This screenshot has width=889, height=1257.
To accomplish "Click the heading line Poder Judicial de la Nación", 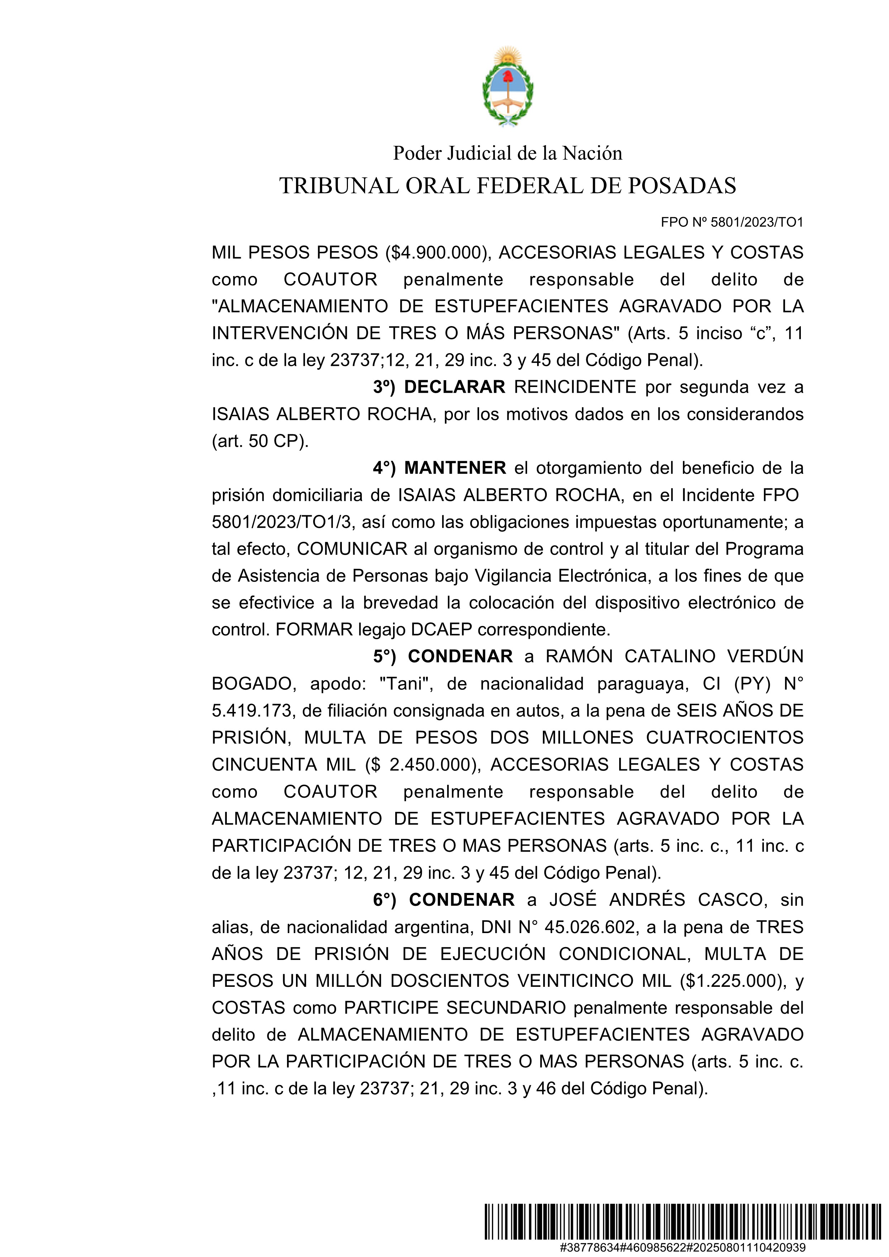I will click(507, 153).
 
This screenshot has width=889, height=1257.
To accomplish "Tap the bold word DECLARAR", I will click(454, 387).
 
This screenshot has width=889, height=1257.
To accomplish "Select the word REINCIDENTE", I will click(575, 387).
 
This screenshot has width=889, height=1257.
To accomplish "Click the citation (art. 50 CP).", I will click(260, 441).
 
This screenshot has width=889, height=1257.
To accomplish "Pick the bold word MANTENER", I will click(455, 468).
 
